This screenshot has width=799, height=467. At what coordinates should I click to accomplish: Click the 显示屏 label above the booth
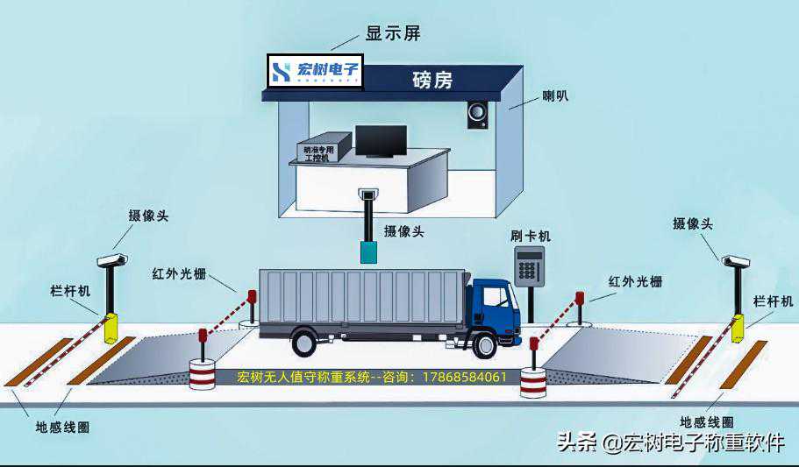click(393, 34)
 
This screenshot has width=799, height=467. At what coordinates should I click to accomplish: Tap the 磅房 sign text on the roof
click(432, 80)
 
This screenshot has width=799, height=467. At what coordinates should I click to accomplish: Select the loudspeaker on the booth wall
click(477, 115)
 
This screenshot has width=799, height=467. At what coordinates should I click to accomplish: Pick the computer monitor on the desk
click(381, 140)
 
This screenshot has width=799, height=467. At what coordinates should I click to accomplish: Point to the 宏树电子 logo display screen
click(314, 71)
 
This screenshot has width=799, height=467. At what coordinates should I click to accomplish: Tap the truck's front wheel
click(484, 344)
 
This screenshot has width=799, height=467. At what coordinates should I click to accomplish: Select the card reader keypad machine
click(529, 265)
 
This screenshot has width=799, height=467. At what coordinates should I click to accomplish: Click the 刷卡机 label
click(531, 237)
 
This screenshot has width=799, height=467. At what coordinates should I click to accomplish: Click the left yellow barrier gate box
click(111, 327)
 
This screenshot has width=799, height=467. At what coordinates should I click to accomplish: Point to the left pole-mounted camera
click(111, 259)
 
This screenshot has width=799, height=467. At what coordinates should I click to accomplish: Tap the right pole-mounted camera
click(737, 260)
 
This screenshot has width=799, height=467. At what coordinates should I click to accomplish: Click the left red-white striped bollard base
click(203, 374)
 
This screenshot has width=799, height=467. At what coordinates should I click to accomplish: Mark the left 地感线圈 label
click(62, 428)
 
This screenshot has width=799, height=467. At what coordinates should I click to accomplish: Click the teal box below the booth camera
click(369, 251)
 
